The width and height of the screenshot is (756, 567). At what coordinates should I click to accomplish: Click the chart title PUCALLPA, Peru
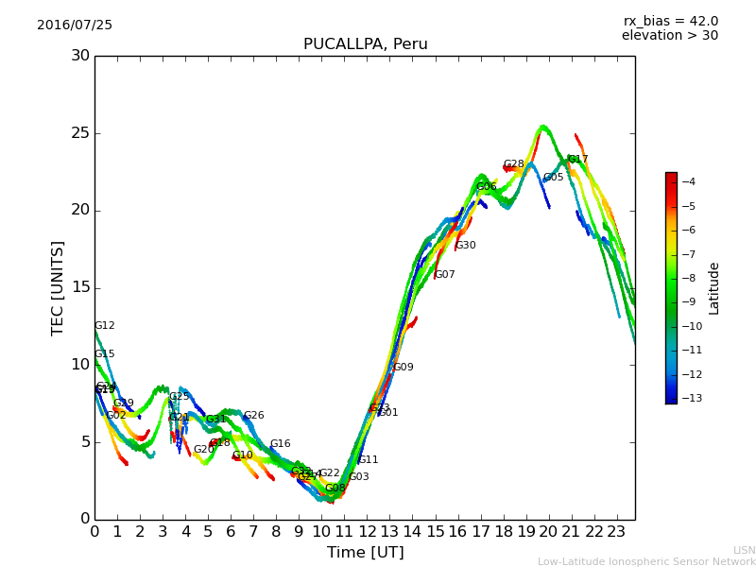(365, 44)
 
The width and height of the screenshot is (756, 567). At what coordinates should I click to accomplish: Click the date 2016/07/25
(75, 25)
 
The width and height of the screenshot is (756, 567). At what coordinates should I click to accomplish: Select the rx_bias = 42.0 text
(670, 21)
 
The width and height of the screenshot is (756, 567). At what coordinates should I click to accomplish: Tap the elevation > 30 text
(669, 36)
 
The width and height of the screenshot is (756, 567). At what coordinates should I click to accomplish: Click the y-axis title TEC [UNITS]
(59, 287)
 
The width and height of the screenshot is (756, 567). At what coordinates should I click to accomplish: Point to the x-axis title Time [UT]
(365, 552)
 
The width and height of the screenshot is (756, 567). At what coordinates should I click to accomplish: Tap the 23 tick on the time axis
(617, 531)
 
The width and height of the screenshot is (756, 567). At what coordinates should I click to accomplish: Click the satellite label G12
(105, 326)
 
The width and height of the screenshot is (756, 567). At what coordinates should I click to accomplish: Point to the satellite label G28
(513, 164)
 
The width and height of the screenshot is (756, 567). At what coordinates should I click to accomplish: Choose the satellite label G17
(578, 160)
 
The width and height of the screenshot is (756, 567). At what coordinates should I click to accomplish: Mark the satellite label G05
(553, 178)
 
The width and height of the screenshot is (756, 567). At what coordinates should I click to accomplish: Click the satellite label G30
(466, 246)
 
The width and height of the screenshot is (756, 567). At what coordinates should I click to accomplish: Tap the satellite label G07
(445, 275)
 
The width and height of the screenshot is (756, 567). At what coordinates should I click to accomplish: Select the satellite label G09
(404, 368)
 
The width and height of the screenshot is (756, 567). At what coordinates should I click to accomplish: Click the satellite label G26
(254, 416)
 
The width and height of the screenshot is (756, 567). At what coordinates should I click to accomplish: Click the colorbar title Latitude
(714, 287)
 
